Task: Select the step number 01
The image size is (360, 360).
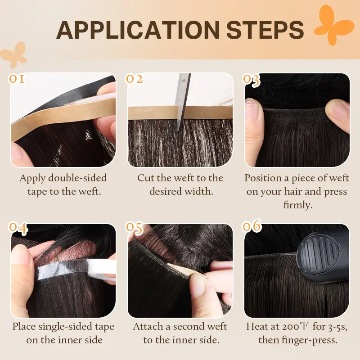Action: [17, 79]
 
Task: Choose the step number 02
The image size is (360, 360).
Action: [134, 79]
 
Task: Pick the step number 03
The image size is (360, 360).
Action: [252, 81]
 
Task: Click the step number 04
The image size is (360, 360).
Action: [18, 228]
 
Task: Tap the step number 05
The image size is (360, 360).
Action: [135, 228]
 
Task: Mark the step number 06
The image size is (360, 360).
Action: [252, 226]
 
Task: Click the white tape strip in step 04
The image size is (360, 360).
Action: [76, 269]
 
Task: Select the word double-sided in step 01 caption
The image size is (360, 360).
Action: [77, 178]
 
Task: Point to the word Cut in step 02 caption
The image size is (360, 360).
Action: [145, 178]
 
